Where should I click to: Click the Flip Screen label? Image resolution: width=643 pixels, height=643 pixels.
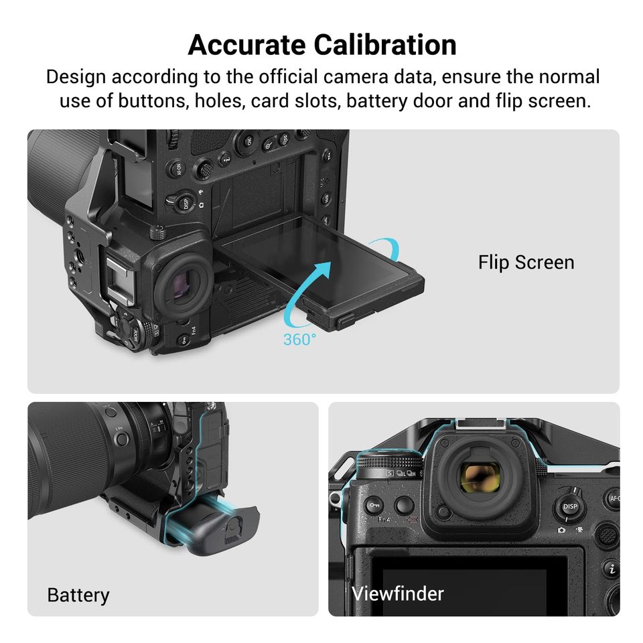[526, 262]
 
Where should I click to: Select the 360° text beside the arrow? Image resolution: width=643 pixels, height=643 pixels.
[299, 340]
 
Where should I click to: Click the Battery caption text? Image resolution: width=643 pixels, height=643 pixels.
[78, 594]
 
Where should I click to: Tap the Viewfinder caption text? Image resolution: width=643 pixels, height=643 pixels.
[398, 593]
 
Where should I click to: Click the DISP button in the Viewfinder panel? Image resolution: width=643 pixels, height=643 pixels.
[570, 507]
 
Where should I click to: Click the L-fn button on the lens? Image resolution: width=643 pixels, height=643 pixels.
[121, 439]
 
